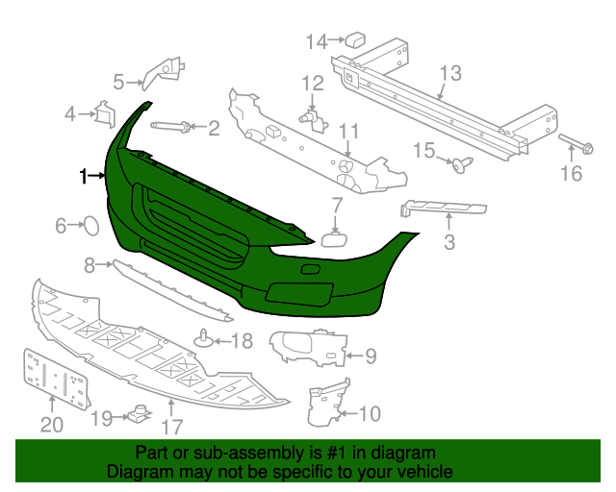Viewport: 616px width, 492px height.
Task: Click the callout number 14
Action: tap(317, 41)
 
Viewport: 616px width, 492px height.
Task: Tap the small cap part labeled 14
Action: tap(355, 38)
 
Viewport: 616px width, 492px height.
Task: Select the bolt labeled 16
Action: tap(576, 144)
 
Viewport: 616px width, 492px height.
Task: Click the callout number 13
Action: tap(450, 73)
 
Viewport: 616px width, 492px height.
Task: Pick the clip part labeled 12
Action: tap(314, 120)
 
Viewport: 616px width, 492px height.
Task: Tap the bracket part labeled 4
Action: tap(105, 114)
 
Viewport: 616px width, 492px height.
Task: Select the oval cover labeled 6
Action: tap(91, 227)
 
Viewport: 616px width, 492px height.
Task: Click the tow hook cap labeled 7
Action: tap(335, 239)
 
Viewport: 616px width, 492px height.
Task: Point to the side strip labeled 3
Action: tap(443, 209)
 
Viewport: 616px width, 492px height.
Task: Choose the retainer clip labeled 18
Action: tap(204, 338)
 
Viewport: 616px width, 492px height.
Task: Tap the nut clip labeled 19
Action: tap(140, 413)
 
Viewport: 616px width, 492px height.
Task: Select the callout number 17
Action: tap(172, 428)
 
